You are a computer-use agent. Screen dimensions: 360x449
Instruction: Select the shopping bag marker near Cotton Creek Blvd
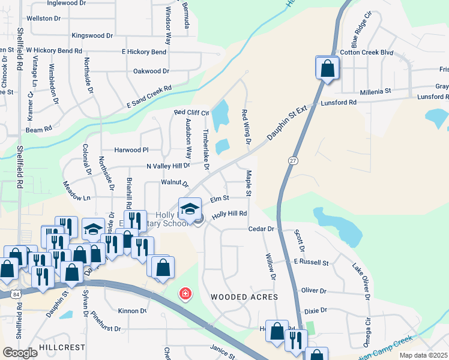pyautogui.click(x=328, y=68)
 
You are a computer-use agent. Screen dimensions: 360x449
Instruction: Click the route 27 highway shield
pyautogui.click(x=293, y=161)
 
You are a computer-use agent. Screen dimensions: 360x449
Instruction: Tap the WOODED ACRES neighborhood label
pyautogui.click(x=244, y=297)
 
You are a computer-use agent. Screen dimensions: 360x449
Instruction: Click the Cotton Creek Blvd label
pyautogui.click(x=366, y=53)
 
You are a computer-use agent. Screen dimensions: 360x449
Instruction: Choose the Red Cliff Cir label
pyautogui.click(x=191, y=112)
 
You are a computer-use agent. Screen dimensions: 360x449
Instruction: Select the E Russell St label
pyautogui.click(x=312, y=262)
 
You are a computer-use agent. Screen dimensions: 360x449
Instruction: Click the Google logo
pyautogui.click(x=20, y=353)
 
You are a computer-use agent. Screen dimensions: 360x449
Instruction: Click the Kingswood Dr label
pyautogui.click(x=92, y=36)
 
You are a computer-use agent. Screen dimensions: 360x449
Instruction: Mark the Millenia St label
pyautogui.click(x=375, y=91)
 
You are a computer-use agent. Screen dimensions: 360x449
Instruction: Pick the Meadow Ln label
pyautogui.click(x=77, y=197)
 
